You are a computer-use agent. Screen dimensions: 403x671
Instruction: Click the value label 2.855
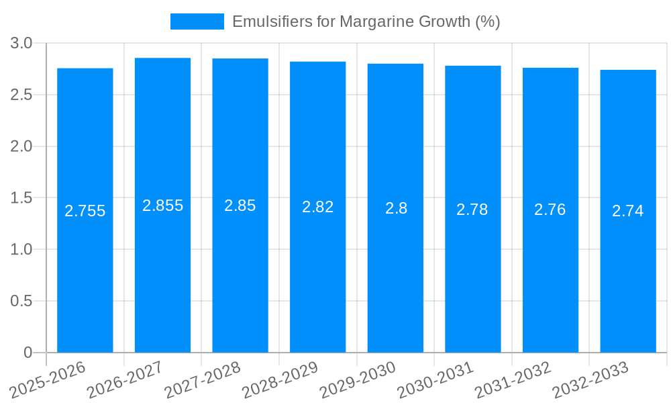pos(163,206)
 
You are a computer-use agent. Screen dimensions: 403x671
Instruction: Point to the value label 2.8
pos(396,208)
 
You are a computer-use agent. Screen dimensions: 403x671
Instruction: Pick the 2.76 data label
pos(550,210)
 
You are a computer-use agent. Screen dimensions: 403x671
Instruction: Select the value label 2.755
pos(85,211)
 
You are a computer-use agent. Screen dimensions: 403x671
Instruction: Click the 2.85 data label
pos(240,206)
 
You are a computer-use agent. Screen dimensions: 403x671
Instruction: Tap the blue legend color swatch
pos(197,21)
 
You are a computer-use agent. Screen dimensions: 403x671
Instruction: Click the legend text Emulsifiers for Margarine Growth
pos(366,21)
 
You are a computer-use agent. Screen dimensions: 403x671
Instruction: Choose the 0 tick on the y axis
pos(28,353)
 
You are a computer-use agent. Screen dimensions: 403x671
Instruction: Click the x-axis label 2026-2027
pos(125,379)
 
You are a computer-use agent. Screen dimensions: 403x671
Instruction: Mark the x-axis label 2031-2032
pos(513,379)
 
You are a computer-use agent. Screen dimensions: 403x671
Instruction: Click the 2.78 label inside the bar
pos(472,210)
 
